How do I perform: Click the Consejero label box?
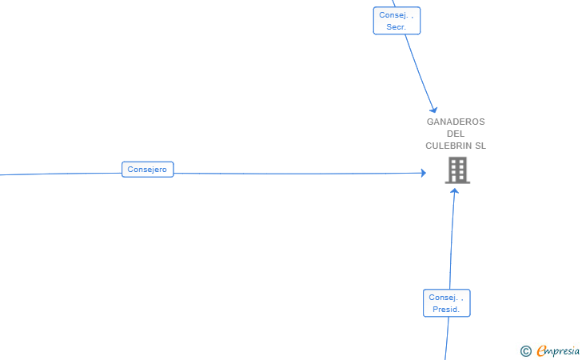[147, 170]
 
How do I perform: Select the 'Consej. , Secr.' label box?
[397, 21]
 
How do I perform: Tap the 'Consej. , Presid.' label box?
[446, 303]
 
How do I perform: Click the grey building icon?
[457, 170]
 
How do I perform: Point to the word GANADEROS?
[456, 122]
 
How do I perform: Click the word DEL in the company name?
[456, 134]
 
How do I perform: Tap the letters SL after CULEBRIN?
[480, 146]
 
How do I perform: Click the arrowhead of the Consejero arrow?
[424, 173]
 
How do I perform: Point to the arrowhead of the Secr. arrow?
[434, 110]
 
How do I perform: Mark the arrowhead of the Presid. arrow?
[455, 190]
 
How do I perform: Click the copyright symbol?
[525, 350]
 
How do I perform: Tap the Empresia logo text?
[559, 350]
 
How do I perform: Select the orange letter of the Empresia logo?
[541, 350]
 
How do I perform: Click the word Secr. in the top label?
[397, 27]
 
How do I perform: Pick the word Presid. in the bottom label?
[446, 310]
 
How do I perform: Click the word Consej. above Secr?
[394, 14]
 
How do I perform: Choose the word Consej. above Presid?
[444, 298]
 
